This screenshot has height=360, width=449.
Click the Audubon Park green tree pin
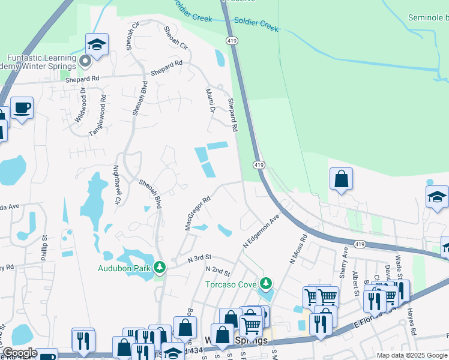[160, 267]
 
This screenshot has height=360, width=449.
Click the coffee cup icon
[22, 109]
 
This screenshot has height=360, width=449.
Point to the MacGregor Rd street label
[198, 214]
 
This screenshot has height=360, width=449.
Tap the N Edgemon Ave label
[262, 231]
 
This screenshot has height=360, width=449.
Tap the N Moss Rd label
[298, 249]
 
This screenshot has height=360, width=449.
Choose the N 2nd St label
[218, 271]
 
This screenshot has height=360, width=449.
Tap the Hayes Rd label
[412, 322]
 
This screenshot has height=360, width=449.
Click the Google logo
[20, 353]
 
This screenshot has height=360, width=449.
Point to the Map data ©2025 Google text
[411, 355]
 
